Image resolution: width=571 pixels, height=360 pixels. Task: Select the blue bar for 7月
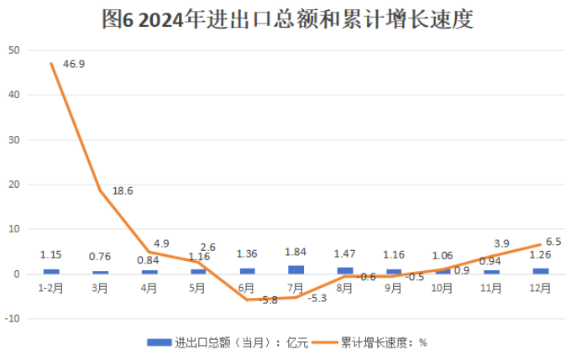click(296, 269)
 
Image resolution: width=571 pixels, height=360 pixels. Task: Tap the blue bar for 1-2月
click(51, 271)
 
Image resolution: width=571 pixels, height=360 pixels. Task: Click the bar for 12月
click(540, 271)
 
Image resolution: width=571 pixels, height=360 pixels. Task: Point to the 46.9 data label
click(73, 63)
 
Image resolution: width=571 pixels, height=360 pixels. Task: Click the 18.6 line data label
click(123, 190)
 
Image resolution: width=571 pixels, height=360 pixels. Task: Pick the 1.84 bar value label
click(296, 252)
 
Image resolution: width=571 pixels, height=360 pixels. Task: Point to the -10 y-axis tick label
click(12, 319)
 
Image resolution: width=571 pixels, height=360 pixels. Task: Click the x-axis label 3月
click(100, 287)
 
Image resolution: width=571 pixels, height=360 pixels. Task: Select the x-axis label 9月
click(394, 287)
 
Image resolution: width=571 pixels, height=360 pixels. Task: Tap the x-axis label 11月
click(491, 287)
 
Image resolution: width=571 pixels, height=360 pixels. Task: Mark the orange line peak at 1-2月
click(51, 64)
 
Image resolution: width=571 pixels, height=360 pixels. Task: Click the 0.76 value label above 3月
click(100, 257)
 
